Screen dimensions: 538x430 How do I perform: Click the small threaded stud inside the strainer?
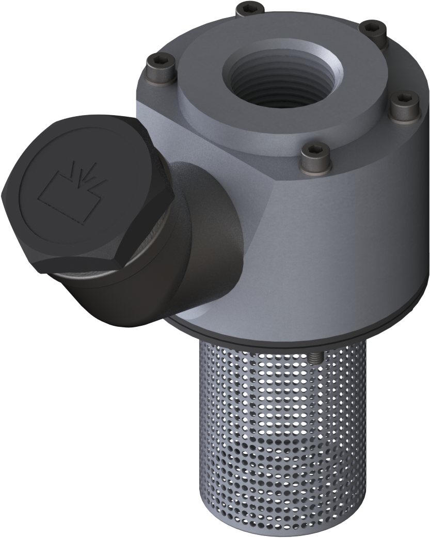(316, 357)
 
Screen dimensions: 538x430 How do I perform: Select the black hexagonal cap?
(77, 191)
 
